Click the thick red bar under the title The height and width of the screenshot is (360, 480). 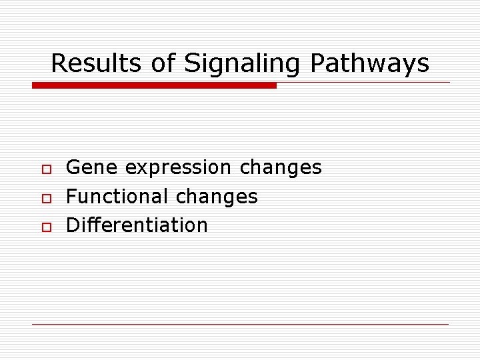155,85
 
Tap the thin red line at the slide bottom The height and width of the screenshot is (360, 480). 240,324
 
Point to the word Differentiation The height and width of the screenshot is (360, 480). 137,225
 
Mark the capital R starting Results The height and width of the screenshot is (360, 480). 59,63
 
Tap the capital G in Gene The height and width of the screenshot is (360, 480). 75,167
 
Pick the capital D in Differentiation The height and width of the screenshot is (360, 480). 74,225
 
